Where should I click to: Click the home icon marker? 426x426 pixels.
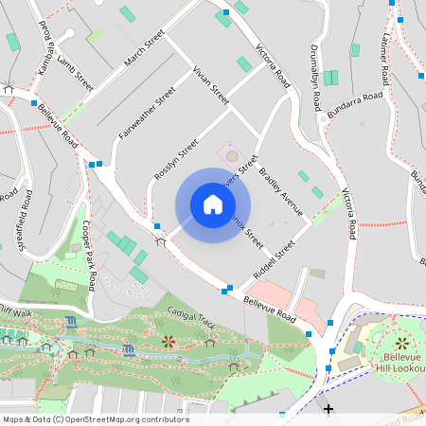coord(212,204)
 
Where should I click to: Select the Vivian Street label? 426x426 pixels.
coord(210,84)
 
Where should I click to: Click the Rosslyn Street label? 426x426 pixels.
coord(175,160)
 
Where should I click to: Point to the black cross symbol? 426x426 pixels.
coord(328,409)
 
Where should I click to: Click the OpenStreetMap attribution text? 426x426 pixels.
coord(96,418)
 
